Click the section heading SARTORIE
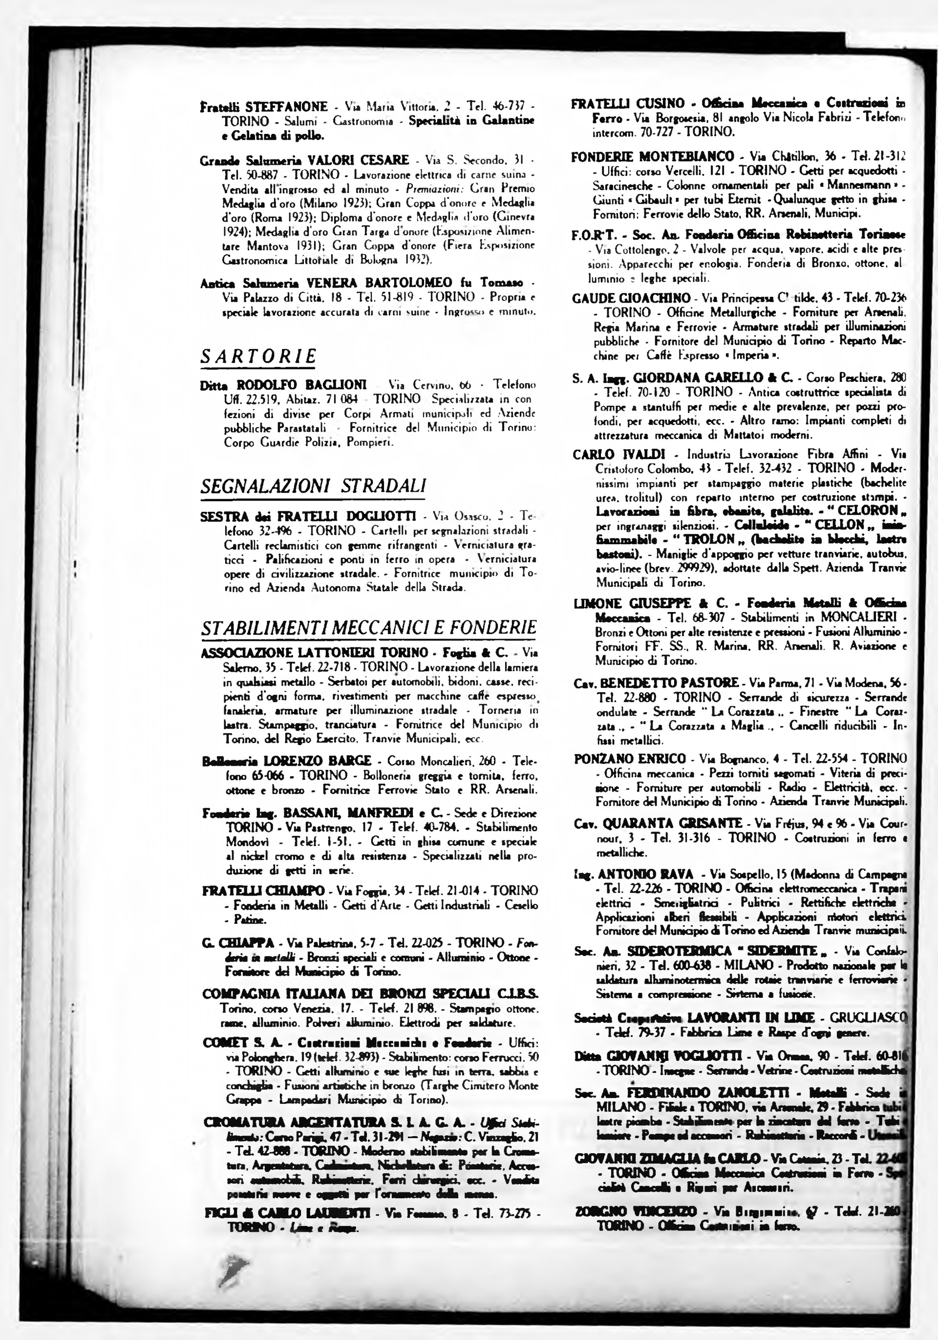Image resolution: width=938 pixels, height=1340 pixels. pyautogui.click(x=258, y=356)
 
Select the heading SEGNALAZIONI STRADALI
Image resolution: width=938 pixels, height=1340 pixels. pyautogui.click(x=313, y=485)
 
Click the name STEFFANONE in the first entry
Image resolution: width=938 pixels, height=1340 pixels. pyautogui.click(x=286, y=107)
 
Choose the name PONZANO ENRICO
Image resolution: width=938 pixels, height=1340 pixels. pyautogui.click(x=629, y=759)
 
